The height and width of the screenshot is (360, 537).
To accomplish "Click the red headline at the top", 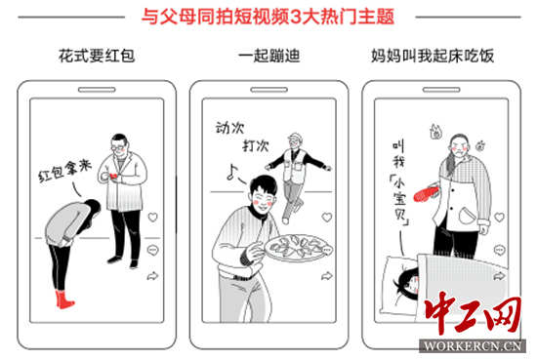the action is pos(268,16).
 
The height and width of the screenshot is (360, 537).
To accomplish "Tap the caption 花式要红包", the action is pos(97,56).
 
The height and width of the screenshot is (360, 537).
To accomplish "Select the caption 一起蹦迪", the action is pos(269,56).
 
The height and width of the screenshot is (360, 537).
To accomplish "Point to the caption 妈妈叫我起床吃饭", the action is pos(433,56).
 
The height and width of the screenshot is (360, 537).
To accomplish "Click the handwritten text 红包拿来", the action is pos(64,171).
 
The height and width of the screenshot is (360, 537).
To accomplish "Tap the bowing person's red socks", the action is pos(64,300).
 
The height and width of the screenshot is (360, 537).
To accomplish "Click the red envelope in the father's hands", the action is pos(113,176).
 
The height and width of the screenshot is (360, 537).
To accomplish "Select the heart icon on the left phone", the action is pos(152,217).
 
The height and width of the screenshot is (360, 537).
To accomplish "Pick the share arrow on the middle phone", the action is pos(327,276).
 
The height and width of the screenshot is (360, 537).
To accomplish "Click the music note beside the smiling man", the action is pos(232,172).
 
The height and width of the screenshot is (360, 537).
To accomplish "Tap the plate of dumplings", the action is pos(299,248).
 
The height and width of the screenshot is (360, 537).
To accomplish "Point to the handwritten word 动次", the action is pos(229,128).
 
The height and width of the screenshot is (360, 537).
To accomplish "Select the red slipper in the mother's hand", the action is pos(427,192).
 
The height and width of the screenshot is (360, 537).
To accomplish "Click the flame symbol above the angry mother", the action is pos(435,132).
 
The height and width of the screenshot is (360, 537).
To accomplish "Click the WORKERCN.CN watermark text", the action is pos(473,345).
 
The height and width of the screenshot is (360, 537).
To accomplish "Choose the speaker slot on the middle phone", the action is pos(268,90).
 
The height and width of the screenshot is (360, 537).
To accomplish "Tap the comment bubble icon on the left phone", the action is pos(152,250).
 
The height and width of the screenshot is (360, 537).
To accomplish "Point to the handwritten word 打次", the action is pos(256,145).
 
